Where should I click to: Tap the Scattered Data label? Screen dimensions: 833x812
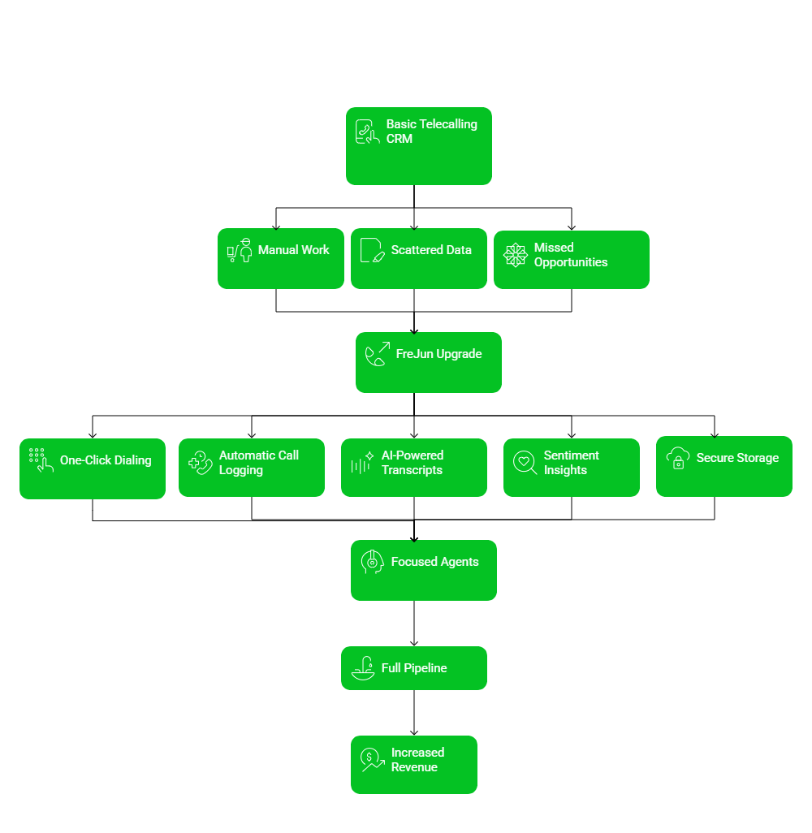pyautogui.click(x=431, y=250)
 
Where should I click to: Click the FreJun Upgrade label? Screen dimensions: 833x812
pyautogui.click(x=438, y=354)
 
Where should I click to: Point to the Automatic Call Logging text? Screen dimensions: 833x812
pyautogui.click(x=258, y=463)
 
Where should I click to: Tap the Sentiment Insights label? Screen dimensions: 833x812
pyautogui.click(x=571, y=463)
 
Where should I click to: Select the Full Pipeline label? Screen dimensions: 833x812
pyautogui.click(x=414, y=668)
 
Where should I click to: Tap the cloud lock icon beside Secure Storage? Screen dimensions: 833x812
pyautogui.click(x=678, y=458)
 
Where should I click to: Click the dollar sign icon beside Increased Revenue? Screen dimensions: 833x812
pyautogui.click(x=372, y=759)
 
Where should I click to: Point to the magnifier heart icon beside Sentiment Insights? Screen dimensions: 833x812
pyautogui.click(x=525, y=463)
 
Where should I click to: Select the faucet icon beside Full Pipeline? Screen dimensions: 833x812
pyautogui.click(x=363, y=668)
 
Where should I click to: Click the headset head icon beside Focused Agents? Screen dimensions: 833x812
pyautogui.click(x=372, y=562)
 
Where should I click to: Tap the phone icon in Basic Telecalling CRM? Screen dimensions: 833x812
pyautogui.click(x=368, y=132)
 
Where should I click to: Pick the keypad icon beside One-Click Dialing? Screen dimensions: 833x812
pyautogui.click(x=41, y=460)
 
